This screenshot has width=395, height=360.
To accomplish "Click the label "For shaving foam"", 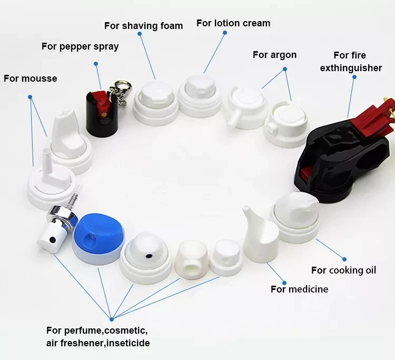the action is point(143,26).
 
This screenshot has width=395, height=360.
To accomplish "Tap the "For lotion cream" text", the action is point(233,23).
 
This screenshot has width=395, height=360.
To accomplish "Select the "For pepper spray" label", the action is point(80,46).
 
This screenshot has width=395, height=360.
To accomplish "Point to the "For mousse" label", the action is point(30,79).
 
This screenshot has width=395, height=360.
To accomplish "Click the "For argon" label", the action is point(274,55).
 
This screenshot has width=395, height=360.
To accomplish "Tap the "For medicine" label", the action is point(299,289).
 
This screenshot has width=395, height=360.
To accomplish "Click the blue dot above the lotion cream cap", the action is point(224,33).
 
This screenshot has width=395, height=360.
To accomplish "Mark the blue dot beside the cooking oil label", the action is point(344,259).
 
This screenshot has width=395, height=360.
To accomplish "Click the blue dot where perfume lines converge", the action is point(112,318).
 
